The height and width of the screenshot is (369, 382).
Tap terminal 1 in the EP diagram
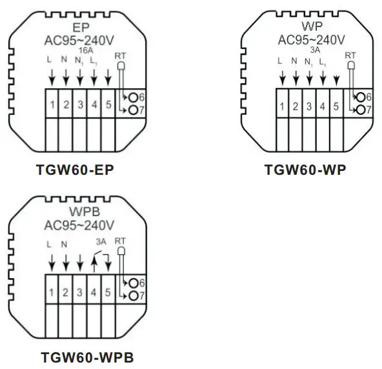[x=52, y=104]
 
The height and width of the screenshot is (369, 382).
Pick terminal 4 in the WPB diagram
[x=93, y=292]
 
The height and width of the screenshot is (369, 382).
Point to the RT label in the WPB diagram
[x=120, y=242]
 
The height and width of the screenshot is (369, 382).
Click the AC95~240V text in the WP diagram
[x=314, y=39]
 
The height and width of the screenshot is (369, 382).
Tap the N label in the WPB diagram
[x=65, y=244]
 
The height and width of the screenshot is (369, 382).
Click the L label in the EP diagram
[x=51, y=60]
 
